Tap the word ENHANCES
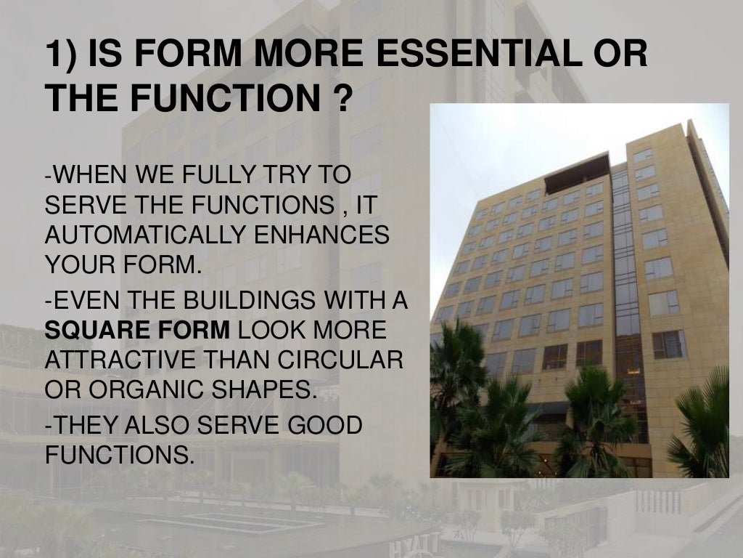pos(327,236)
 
